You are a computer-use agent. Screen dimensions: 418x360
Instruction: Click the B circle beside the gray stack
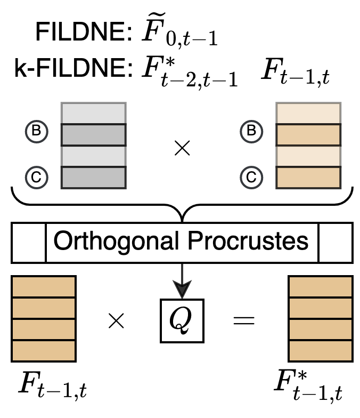pos(36,131)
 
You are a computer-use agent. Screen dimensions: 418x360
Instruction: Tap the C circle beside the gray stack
pos(36,177)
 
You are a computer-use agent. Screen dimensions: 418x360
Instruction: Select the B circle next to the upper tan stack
pos(251,131)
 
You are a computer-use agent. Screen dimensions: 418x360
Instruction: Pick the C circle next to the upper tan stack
pos(251,177)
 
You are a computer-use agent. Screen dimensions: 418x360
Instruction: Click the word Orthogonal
pos(116,242)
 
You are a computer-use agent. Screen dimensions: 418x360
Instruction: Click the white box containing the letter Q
pos(182,320)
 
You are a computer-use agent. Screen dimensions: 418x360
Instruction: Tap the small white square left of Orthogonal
pos(29,243)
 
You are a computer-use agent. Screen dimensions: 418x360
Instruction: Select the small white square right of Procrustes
pos(336,243)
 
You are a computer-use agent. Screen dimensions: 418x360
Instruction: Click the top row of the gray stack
pos(94,114)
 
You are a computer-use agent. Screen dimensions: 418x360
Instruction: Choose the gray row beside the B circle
pos(94,135)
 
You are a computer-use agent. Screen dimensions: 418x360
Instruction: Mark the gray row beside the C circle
pos(94,178)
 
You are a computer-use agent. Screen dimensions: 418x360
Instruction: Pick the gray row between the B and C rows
pos(94,156)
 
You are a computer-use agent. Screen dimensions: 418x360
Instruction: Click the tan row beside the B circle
pos(308,135)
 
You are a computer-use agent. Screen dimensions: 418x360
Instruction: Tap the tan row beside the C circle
pos(308,178)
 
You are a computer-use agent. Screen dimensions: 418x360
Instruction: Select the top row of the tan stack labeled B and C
pos(308,114)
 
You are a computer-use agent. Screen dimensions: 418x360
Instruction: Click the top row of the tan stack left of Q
pos(44,287)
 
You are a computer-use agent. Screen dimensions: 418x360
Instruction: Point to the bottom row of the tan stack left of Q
pos(44,351)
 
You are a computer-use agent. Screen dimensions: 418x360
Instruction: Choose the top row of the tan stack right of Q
pos(321,287)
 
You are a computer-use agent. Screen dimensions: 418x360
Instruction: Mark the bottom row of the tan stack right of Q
pos(321,351)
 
